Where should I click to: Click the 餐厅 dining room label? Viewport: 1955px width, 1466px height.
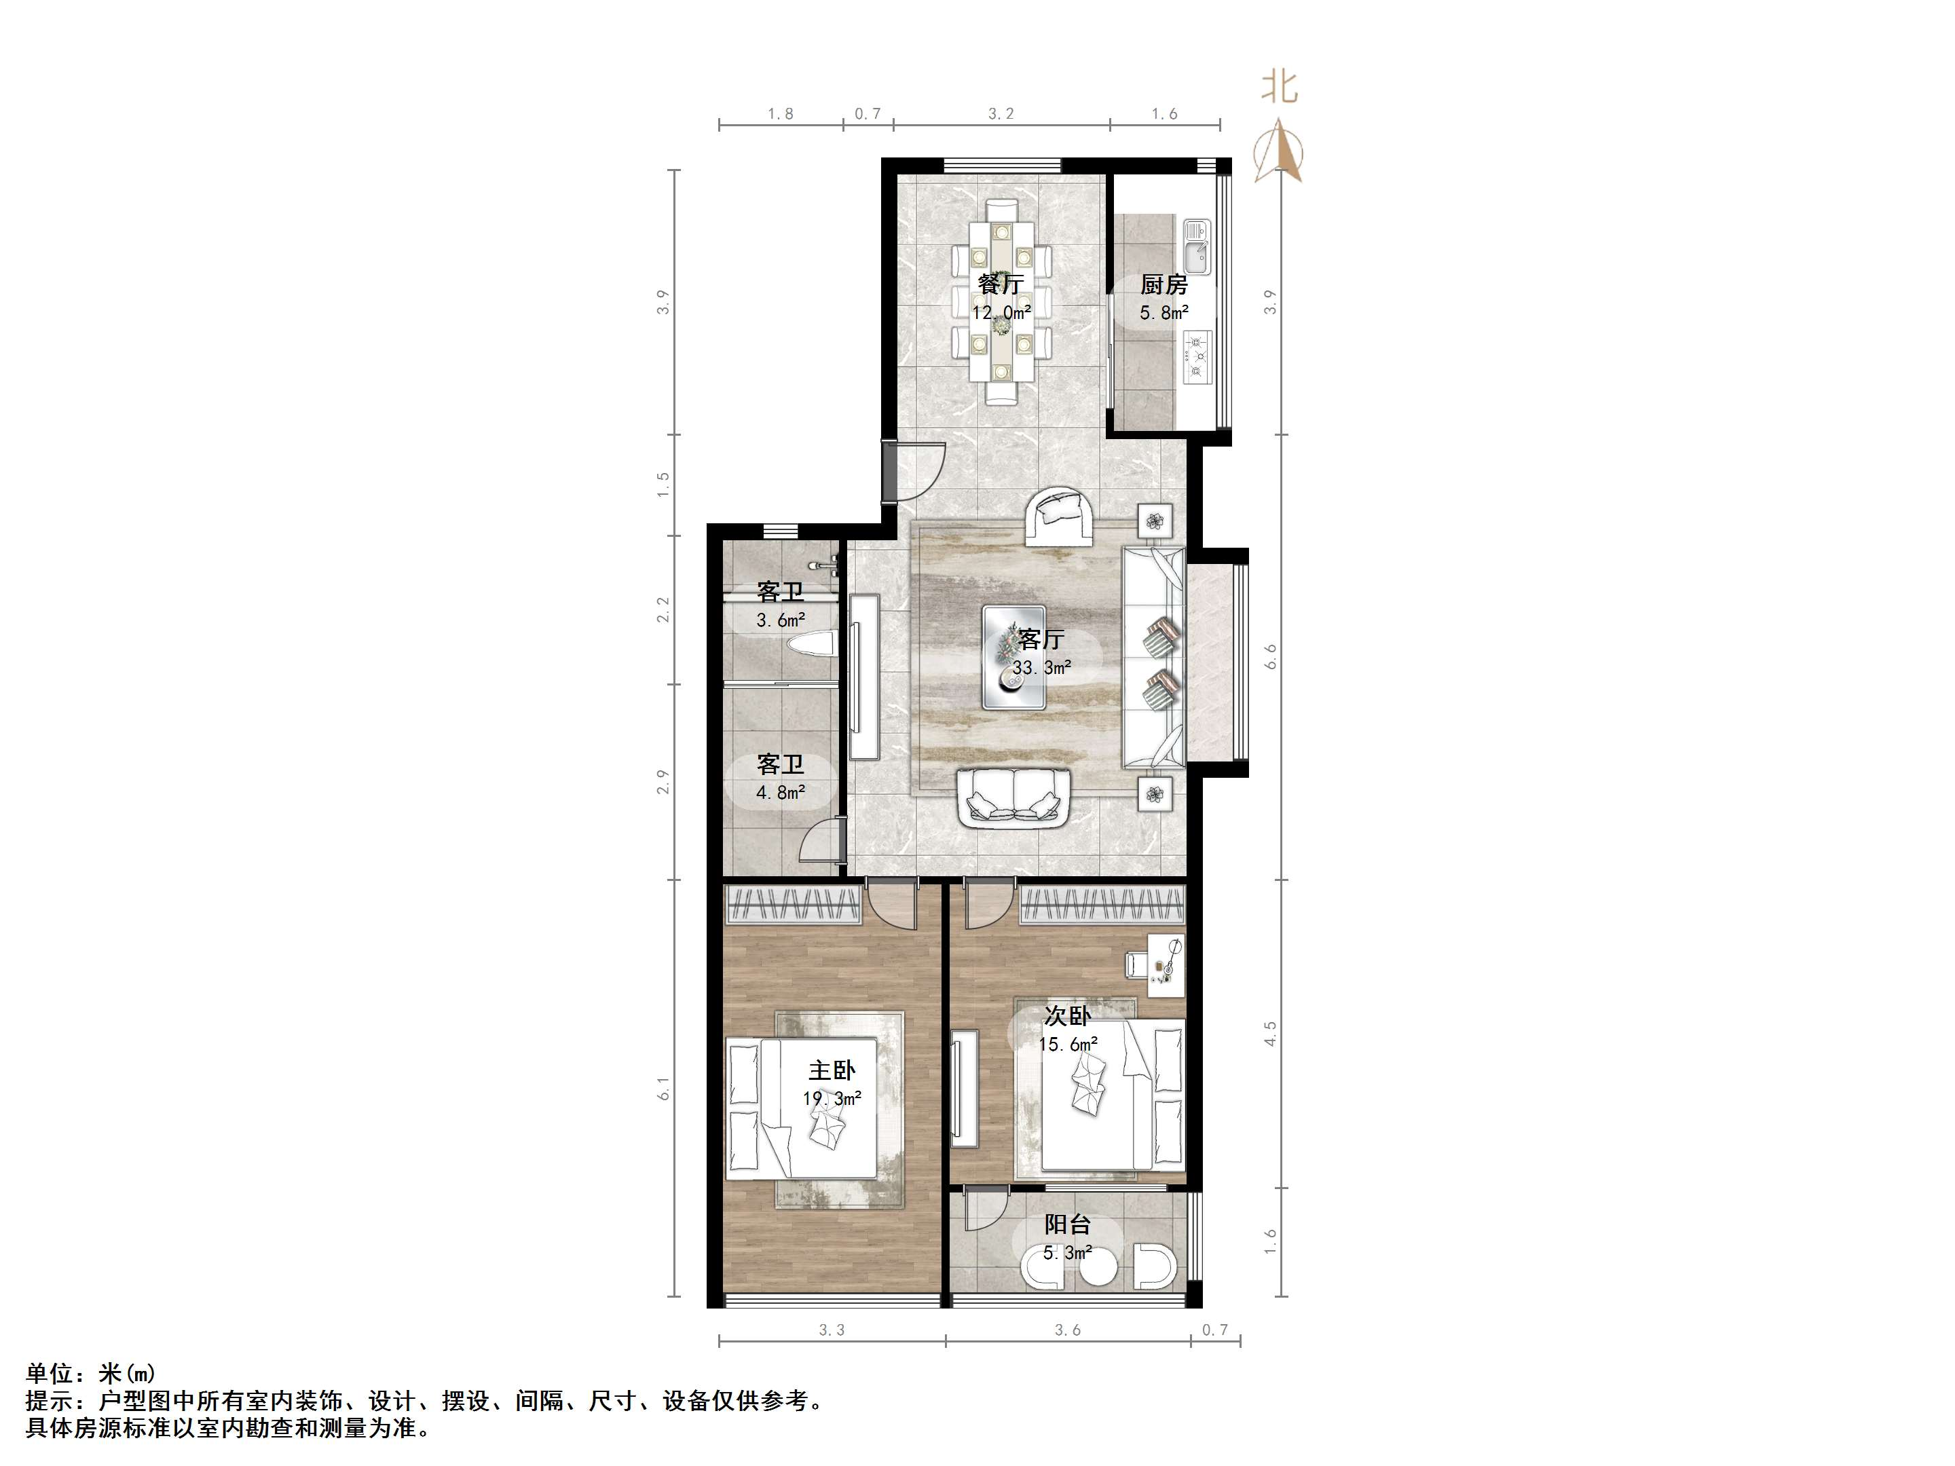point(1001,284)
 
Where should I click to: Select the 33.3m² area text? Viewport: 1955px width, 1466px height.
point(1042,668)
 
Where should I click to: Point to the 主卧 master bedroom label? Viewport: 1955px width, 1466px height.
point(832,1071)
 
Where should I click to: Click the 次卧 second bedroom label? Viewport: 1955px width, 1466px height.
point(1068,1016)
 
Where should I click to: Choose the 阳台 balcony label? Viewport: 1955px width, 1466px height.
point(1068,1225)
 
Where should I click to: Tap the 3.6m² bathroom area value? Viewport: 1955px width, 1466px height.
point(781,620)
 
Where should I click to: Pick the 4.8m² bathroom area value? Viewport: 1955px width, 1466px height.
point(781,793)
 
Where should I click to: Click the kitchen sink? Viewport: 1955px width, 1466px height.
point(1197,246)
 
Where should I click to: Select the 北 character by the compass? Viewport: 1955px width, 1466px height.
point(1279,88)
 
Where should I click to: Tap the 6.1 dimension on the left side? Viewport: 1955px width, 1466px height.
point(664,1089)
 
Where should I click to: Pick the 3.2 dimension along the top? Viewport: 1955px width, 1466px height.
point(1001,114)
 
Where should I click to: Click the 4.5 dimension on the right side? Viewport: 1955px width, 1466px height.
point(1271,1034)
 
